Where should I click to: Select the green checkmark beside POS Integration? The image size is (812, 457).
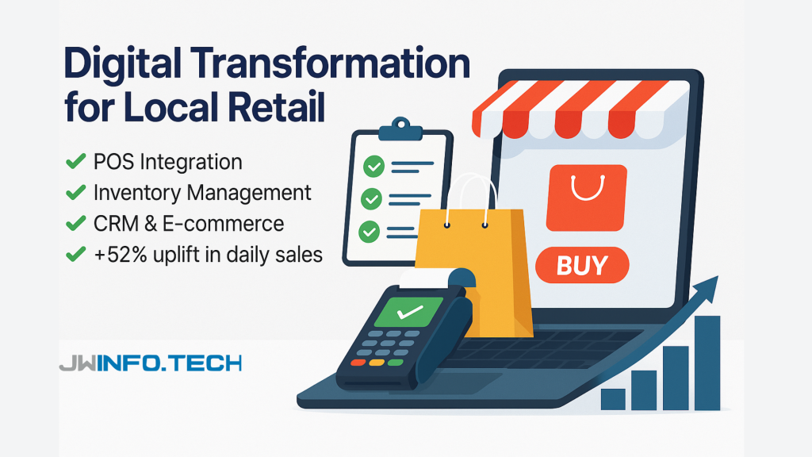[x=75, y=161]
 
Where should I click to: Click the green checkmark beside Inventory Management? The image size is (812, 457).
[x=75, y=192]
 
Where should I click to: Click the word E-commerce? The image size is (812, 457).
[x=223, y=224]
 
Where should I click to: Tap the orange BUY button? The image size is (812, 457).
[x=582, y=265]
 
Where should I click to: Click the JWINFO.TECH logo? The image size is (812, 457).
[x=150, y=363]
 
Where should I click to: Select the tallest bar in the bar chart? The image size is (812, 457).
[x=707, y=363]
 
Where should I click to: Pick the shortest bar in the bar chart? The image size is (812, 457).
[x=613, y=400]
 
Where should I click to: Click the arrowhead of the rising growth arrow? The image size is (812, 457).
[x=708, y=289]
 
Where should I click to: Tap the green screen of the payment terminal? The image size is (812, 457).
[x=409, y=311]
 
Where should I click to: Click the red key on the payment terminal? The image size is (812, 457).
[x=358, y=362]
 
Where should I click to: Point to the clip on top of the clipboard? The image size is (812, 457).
[x=400, y=129]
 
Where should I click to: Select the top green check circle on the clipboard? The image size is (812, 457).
[x=373, y=167]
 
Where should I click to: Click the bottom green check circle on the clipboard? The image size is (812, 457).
[x=369, y=232]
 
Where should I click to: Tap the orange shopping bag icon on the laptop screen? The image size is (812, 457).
[x=586, y=198]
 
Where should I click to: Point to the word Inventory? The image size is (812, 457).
[x=137, y=193]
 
